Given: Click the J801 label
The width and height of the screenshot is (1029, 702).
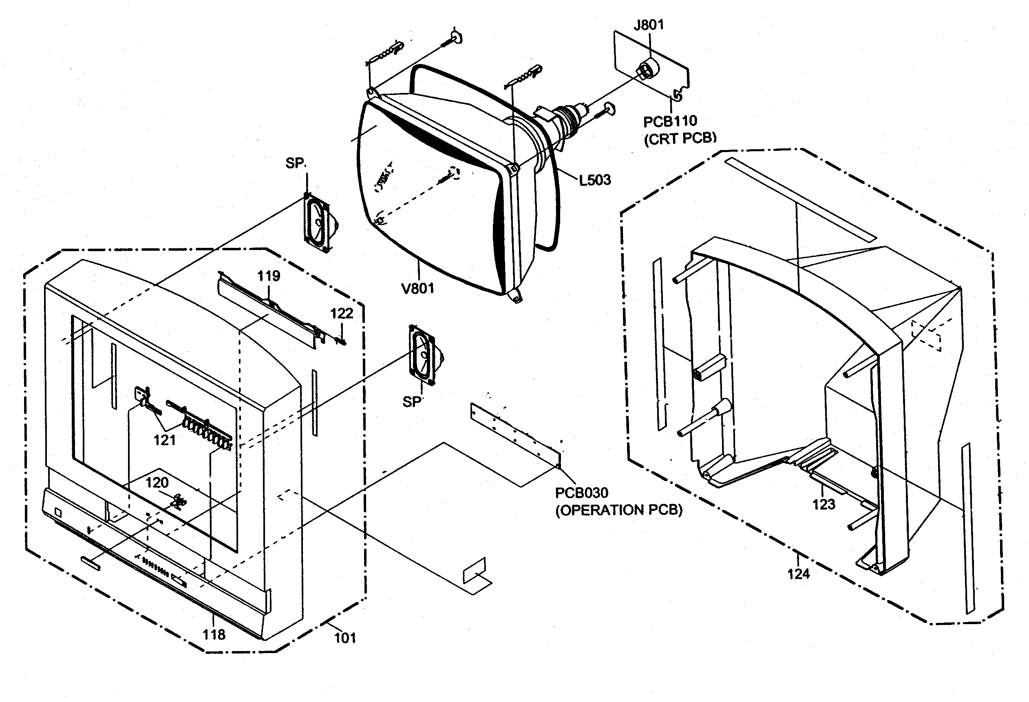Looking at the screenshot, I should point(649,25).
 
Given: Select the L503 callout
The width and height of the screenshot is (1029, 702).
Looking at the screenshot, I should point(595,180).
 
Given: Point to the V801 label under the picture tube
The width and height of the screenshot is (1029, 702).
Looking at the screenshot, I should point(417,289).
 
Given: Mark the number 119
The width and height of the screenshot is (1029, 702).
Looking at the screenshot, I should point(269,276).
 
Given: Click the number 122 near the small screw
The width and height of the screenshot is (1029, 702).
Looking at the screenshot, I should point(341,313).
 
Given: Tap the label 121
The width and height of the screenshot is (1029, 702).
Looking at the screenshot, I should point(164,440).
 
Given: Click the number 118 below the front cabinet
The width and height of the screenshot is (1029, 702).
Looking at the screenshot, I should point(214,635).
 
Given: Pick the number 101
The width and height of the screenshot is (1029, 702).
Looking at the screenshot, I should point(345,638).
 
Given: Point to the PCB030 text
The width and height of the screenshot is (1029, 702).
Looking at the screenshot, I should point(582,492).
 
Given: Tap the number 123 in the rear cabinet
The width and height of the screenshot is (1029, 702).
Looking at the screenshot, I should point(824,504).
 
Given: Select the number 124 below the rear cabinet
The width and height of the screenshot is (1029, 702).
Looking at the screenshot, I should point(798,574).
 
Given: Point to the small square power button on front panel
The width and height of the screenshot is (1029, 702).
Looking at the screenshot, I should point(57,513).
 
